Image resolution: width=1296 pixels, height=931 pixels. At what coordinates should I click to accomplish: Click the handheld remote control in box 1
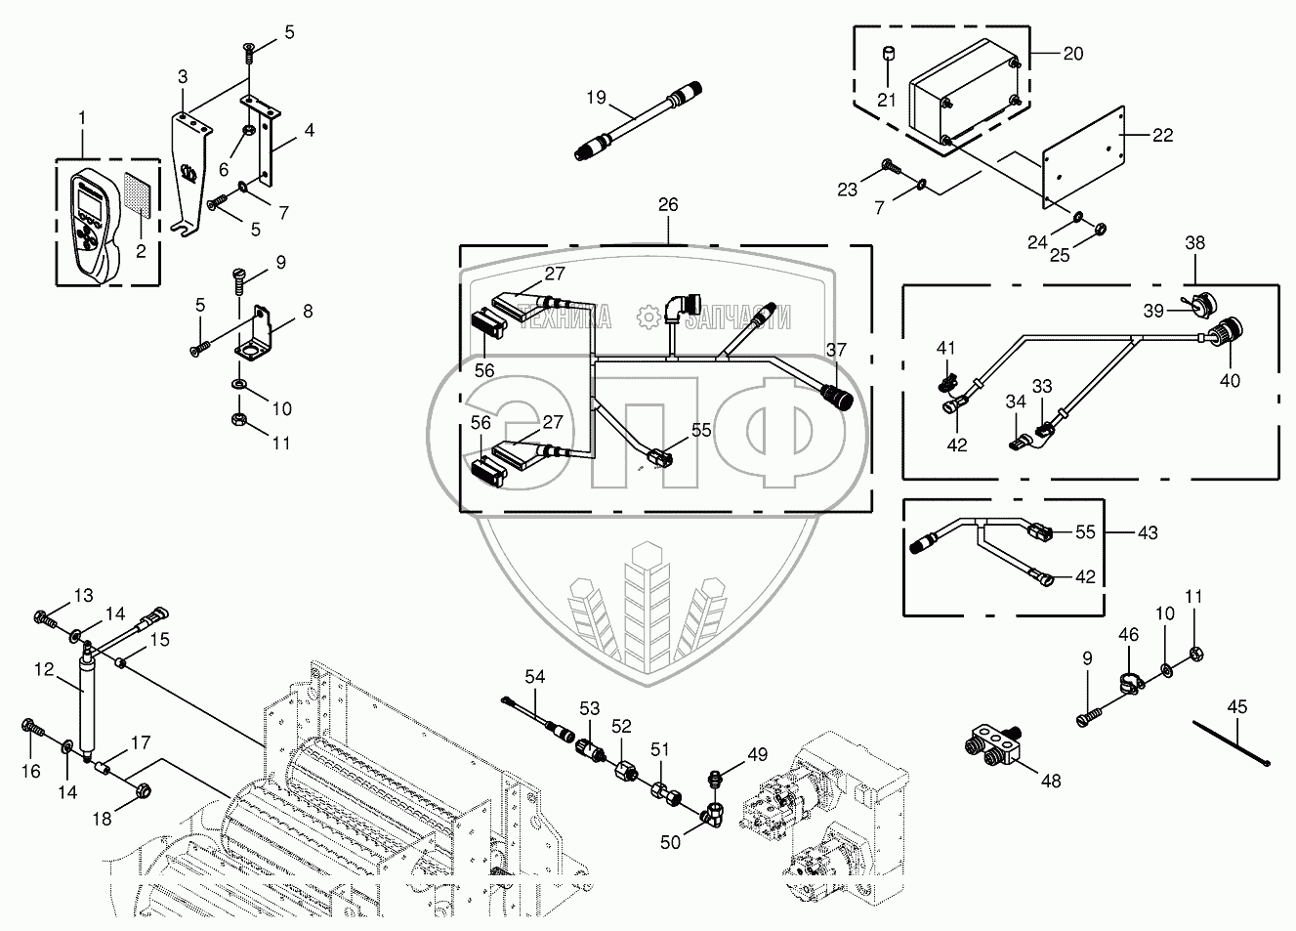coord(95,225)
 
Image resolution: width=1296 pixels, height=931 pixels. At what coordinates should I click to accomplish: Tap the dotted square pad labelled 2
coord(140,195)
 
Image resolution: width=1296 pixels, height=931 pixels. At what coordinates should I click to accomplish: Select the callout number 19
coord(597,98)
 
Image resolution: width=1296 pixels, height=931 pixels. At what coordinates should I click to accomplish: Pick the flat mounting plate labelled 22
coord(1083,157)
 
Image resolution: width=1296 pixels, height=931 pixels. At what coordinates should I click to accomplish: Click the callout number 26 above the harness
coord(668,204)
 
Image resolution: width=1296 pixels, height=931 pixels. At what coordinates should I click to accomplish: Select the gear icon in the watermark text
coord(648,317)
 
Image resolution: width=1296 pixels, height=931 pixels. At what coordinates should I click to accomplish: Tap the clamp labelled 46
coord(1130,683)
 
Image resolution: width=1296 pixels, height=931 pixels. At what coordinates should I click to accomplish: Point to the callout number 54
coord(534,676)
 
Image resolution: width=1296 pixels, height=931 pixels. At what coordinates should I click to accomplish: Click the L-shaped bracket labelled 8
coord(254,334)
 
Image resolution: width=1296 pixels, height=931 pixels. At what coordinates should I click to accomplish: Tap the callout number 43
coord(1148,531)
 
